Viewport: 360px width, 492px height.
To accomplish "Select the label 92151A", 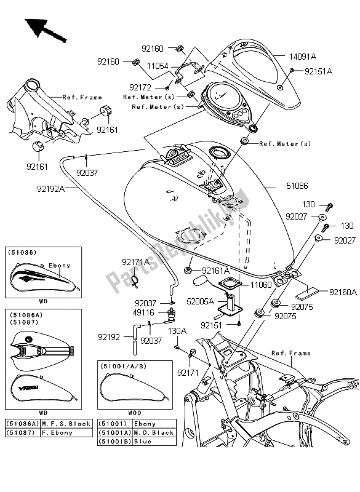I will [318, 71].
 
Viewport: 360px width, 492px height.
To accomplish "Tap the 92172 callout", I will [141, 88].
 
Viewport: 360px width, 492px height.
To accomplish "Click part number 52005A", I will [201, 302].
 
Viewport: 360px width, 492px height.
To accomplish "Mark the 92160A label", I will [343, 293].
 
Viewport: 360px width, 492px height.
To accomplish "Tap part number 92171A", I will [135, 262].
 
